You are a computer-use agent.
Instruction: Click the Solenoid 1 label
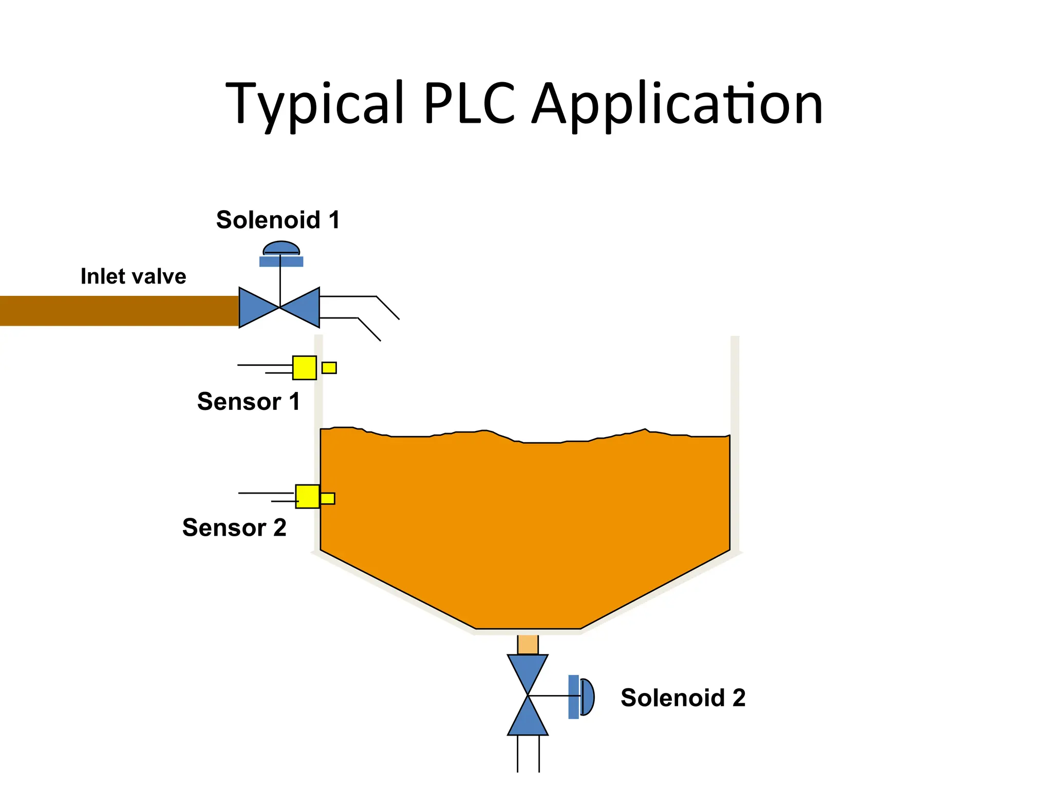(x=278, y=220)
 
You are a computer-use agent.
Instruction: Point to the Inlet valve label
(x=133, y=276)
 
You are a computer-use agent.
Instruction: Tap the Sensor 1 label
(x=249, y=401)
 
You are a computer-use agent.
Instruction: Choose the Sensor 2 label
(x=234, y=528)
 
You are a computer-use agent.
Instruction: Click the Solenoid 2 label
(x=683, y=698)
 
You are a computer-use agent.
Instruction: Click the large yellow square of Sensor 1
(x=305, y=368)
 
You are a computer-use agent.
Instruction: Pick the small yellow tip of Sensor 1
(x=329, y=368)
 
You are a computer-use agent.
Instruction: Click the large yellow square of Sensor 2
(x=307, y=496)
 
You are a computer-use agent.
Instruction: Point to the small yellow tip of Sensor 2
(x=328, y=498)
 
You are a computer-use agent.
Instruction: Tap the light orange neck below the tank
(x=528, y=645)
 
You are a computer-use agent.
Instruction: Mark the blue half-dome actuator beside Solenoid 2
(x=587, y=697)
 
